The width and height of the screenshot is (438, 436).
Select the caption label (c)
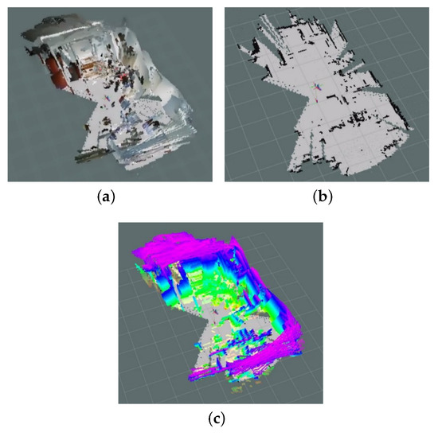coord(219,417)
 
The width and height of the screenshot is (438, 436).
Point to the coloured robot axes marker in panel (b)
coord(315,88)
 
